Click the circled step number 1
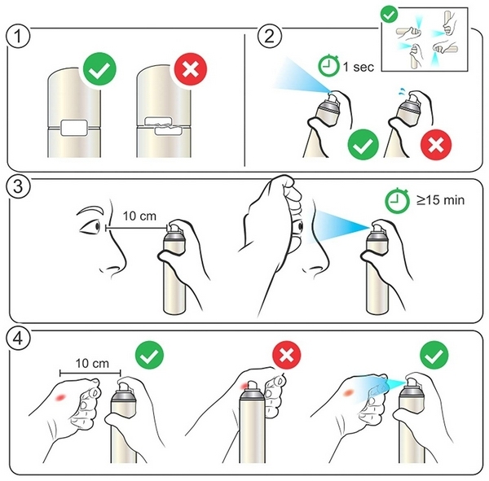18,36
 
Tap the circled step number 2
270,36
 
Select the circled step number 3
18,186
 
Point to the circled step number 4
18,339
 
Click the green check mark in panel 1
99,69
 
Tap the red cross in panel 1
191,69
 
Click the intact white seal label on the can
74,128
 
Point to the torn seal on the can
164,126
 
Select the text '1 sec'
359,67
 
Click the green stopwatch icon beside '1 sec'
328,65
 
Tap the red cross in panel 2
436,145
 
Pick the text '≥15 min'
440,199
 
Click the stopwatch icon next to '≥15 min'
397,200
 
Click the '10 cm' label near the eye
139,216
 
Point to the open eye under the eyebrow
90,226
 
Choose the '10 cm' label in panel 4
92,363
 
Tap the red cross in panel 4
287,355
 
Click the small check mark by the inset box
390,15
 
